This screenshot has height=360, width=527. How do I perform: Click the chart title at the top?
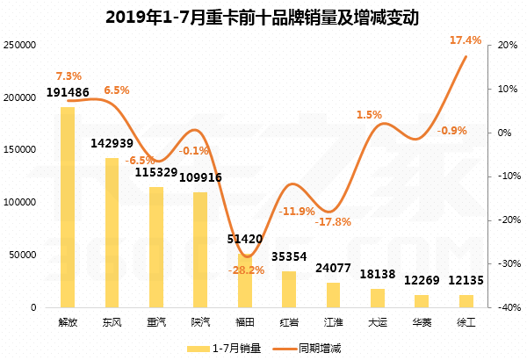(x=263, y=17)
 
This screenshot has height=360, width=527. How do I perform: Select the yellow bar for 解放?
(x=68, y=207)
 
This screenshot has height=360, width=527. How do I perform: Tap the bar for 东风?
(x=112, y=233)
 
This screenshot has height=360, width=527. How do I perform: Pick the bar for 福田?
(x=247, y=281)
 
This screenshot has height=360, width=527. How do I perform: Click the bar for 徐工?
(x=466, y=301)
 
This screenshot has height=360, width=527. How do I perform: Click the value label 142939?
(x=112, y=143)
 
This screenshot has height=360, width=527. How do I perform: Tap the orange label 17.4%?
(x=465, y=40)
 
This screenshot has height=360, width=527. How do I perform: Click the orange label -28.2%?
(x=246, y=271)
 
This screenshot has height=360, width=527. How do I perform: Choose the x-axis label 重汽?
(x=157, y=322)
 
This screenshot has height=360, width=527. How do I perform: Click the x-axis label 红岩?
(x=288, y=322)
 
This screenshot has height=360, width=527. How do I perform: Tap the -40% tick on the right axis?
(x=506, y=308)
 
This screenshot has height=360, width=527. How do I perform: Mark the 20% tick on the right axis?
(x=504, y=45)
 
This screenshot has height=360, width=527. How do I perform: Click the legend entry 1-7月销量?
(x=227, y=348)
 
